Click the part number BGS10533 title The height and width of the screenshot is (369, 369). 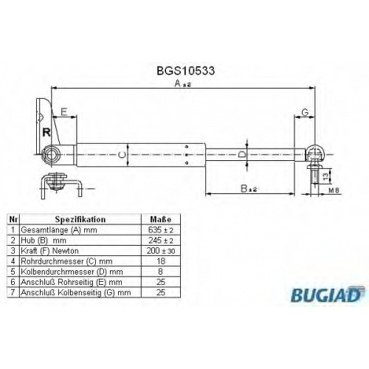tap(186, 71)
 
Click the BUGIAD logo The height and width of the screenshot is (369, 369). tap(328, 294)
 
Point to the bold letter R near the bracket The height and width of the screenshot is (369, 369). tap(46, 132)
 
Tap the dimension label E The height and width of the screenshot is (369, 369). tap(64, 112)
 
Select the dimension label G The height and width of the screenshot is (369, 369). tap(305, 112)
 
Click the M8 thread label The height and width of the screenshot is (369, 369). tap(334, 190)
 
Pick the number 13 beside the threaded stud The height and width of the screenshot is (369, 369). tap(325, 176)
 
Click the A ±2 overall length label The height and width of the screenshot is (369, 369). tap(182, 84)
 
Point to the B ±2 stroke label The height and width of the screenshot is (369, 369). tap(249, 189)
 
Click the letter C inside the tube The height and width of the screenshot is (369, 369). tap(122, 155)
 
